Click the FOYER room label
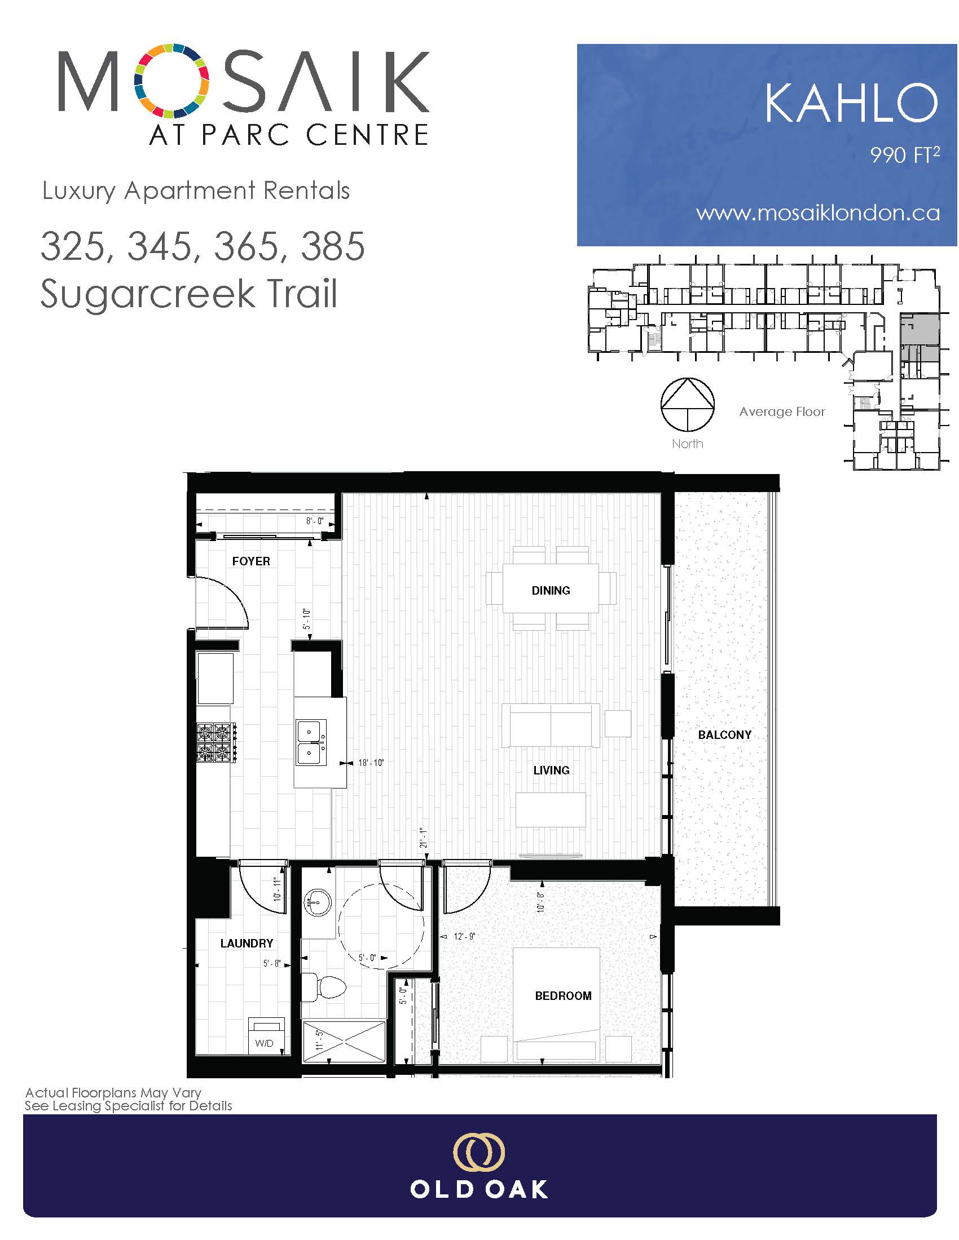[250, 561]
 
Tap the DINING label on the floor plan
[551, 591]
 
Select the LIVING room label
[551, 770]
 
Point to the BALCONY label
[724, 734]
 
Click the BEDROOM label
[563, 995]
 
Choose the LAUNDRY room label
[247, 943]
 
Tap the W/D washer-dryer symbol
[265, 1035]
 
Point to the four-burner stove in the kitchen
[217, 742]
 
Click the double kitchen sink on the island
[311, 743]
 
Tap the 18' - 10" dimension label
[371, 763]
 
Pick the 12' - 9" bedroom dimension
[464, 936]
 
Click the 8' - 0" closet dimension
[314, 521]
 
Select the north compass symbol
[688, 404]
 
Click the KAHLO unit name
[851, 103]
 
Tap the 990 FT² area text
[904, 155]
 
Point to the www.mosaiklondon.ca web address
[817, 213]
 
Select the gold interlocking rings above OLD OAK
[479, 1152]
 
